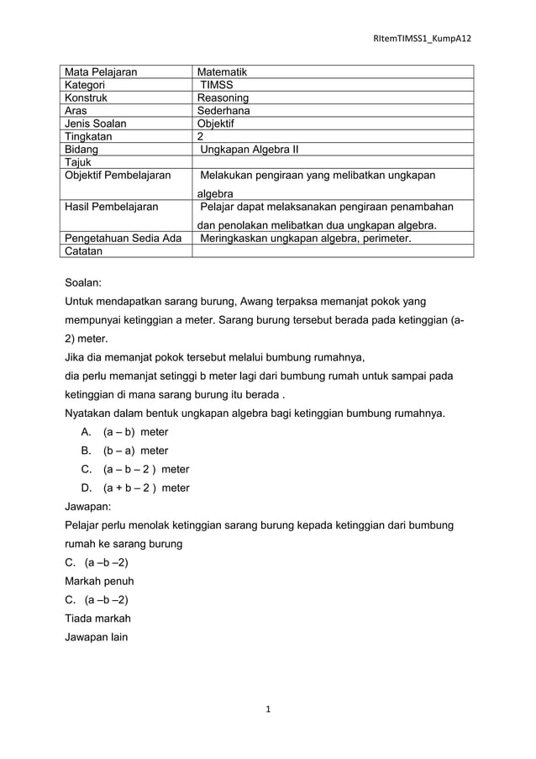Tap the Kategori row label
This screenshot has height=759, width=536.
(x=85, y=85)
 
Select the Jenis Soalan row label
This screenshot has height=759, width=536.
(x=97, y=124)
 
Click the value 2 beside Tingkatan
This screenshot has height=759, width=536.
(x=200, y=136)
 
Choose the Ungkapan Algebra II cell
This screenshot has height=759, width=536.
(x=250, y=150)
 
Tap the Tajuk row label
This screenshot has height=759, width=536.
(x=78, y=162)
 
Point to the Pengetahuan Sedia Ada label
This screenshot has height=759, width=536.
(x=123, y=238)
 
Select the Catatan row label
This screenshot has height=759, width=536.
(x=83, y=250)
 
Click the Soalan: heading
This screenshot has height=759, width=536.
(x=87, y=284)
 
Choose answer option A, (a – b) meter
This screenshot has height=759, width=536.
(x=134, y=432)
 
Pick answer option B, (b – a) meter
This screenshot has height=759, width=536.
(x=134, y=451)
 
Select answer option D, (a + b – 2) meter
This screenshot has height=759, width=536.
(x=145, y=488)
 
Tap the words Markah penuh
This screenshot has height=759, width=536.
(x=99, y=581)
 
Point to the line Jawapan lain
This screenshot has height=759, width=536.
(x=97, y=636)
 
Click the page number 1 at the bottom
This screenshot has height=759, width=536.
(x=267, y=710)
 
